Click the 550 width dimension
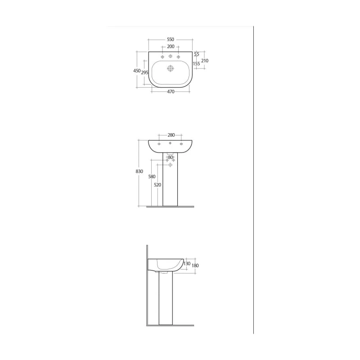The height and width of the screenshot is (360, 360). pos(171,40)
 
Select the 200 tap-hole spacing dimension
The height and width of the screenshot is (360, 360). pos(171,47)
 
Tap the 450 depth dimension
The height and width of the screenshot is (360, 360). pos(137,71)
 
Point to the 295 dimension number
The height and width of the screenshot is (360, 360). pos(144,72)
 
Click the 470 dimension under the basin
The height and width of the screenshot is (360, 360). pos(171,92)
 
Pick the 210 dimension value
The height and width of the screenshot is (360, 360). pos(205,61)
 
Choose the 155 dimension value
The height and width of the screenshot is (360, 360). pos(197,64)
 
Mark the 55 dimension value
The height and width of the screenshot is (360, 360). pos(197,54)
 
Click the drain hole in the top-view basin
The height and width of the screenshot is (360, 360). pos(171,68)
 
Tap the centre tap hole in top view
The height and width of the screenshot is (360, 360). pos(171,56)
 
